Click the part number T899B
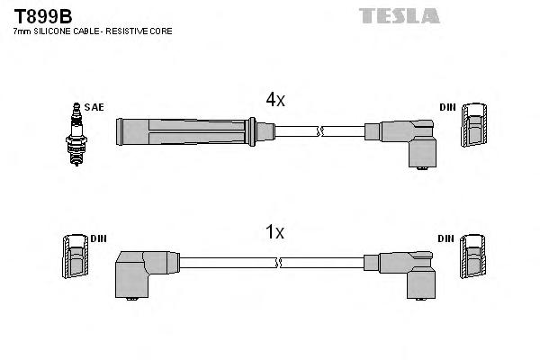click(42, 15)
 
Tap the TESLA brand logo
click(400, 15)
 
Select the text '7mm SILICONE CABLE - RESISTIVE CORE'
click(93, 31)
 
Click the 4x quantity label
click(274, 101)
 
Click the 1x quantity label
click(274, 232)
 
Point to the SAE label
click(95, 107)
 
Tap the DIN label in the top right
click(447, 107)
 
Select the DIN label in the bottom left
click(99, 238)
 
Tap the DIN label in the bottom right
click(447, 238)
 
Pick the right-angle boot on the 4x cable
click(404, 139)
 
